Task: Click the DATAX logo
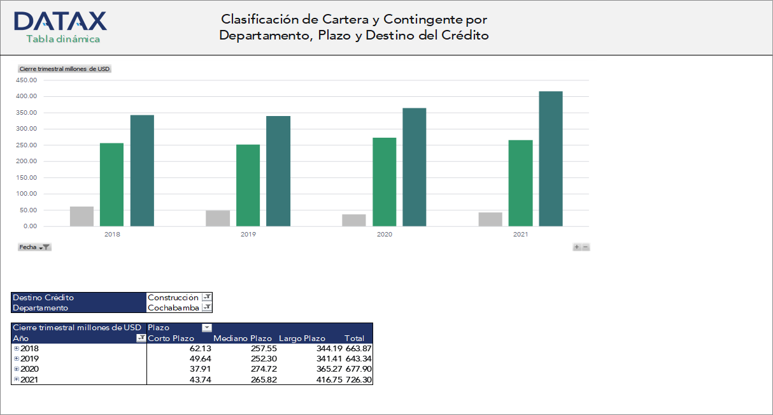point(60,21)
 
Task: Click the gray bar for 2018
point(82,216)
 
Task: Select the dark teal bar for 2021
point(551,159)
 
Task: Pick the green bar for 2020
point(384,182)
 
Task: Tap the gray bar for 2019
point(218,218)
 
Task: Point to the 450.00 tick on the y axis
point(27,80)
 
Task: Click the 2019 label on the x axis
point(248,235)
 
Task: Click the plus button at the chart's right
point(577,247)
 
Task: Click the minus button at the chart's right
point(586,247)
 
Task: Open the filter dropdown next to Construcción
point(206,298)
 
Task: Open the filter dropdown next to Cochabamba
point(206,308)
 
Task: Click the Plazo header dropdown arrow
point(206,328)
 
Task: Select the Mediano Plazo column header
point(243,339)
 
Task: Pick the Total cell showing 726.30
point(358,379)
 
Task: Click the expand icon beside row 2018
point(17,349)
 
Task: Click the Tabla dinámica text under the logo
point(63,39)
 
